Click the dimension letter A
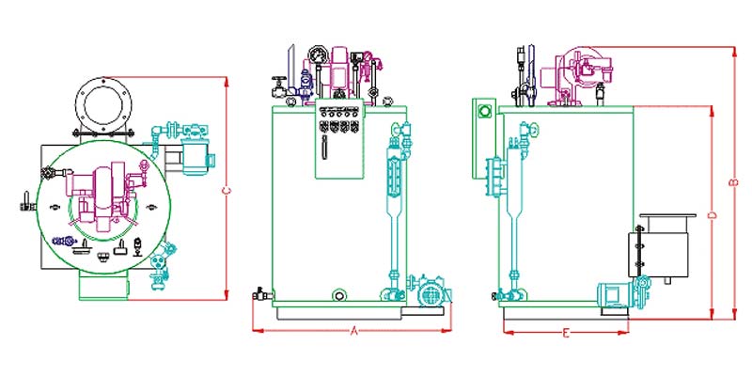(x=354, y=331)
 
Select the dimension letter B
(x=733, y=182)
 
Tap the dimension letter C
(x=227, y=191)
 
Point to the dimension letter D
(x=713, y=215)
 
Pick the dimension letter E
(x=567, y=334)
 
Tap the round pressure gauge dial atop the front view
(x=318, y=55)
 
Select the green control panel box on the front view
(x=339, y=142)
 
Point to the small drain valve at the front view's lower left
(x=262, y=293)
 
